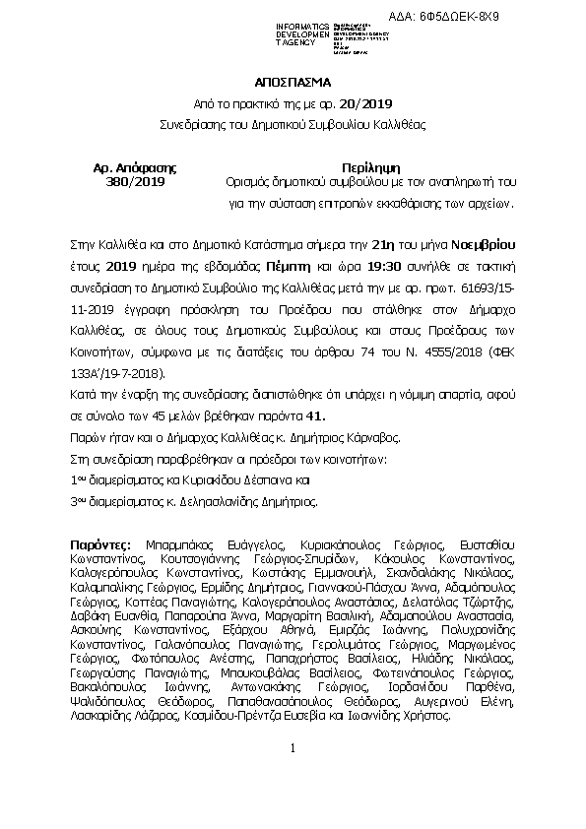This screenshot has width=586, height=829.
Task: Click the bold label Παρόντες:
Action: pos(104,542)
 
